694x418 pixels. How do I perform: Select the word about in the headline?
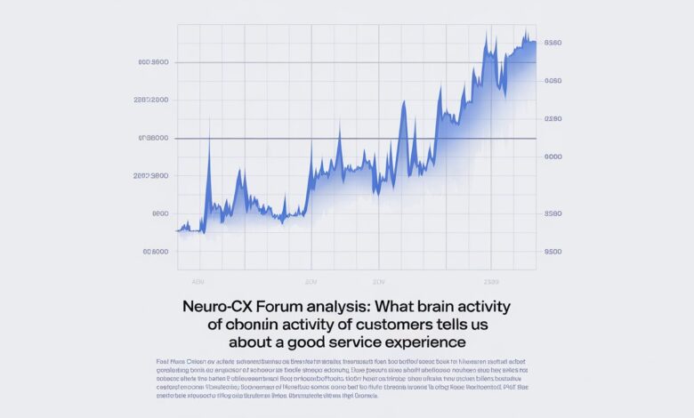[x=254, y=342]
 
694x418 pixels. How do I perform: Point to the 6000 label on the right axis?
[x=553, y=157]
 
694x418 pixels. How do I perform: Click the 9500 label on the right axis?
[x=553, y=252]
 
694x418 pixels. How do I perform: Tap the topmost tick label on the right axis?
[x=553, y=43]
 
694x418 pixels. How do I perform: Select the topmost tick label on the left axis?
[x=154, y=62]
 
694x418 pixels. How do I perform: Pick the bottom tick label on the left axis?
[x=155, y=252]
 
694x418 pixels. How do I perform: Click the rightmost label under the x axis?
[x=490, y=280]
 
